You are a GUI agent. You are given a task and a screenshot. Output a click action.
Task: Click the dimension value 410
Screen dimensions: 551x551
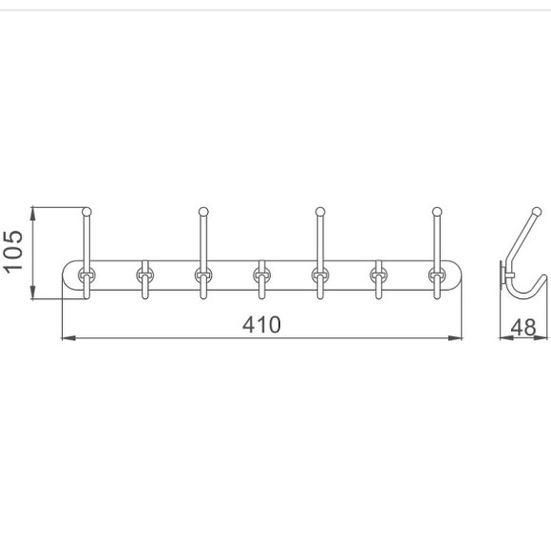coord(261,324)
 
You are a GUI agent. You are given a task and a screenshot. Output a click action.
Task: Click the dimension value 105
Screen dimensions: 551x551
coord(13,251)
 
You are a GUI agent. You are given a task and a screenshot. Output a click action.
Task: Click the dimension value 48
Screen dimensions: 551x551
coord(523,328)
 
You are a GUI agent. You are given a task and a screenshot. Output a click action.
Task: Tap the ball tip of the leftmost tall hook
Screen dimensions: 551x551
coord(86,212)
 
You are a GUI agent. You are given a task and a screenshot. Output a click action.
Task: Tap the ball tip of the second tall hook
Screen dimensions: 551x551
coord(203,212)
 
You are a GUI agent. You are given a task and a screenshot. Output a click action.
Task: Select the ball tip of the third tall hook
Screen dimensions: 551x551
coord(320,212)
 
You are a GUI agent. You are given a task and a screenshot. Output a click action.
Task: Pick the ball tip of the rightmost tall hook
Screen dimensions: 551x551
coord(437,212)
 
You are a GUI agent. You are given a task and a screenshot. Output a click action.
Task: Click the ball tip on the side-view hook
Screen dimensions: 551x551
coord(537,212)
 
